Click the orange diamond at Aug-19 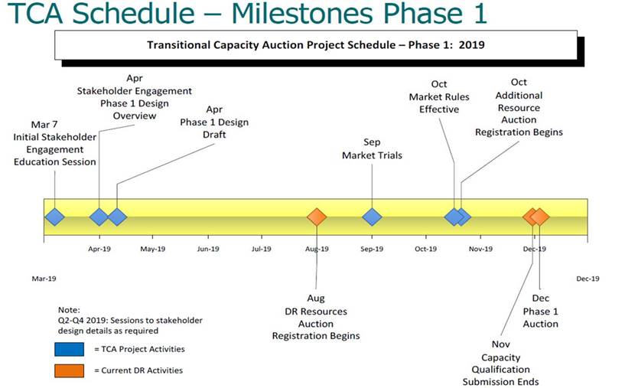(317, 217)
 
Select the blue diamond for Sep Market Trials (372, 217)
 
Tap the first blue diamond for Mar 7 (54, 217)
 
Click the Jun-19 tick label (208, 249)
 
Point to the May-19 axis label (153, 249)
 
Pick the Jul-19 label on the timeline (262, 249)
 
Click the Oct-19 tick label (425, 249)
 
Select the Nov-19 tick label (480, 249)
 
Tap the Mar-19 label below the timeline (44, 279)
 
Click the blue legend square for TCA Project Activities (70, 349)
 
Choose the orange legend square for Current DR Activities (70, 370)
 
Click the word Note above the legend (69, 310)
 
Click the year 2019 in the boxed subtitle (471, 44)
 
